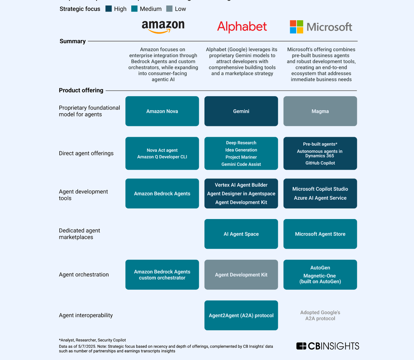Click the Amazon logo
pyautogui.click(x=163, y=26)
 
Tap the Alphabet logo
pyautogui.click(x=242, y=27)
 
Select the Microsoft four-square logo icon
pyautogui.click(x=296, y=27)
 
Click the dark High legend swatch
pyautogui.click(x=109, y=9)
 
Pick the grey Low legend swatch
pyautogui.click(x=169, y=9)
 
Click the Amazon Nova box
pyautogui.click(x=162, y=111)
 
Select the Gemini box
pyautogui.click(x=241, y=111)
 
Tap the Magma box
pyautogui.click(x=320, y=111)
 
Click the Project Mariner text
pyautogui.click(x=241, y=157)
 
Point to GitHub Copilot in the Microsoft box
pyautogui.click(x=320, y=163)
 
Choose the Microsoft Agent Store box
pyautogui.click(x=320, y=234)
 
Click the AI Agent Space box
pyautogui.click(x=241, y=234)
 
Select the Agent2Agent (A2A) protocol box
pyautogui.click(x=241, y=315)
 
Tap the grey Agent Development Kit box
pyautogui.click(x=241, y=275)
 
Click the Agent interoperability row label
pyautogui.click(x=86, y=315)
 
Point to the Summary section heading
pyautogui.click(x=73, y=41)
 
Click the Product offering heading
pyautogui.click(x=81, y=90)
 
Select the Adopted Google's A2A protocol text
pyautogui.click(x=320, y=315)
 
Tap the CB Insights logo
pyautogui.click(x=328, y=346)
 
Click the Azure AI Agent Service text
pyautogui.click(x=320, y=198)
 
